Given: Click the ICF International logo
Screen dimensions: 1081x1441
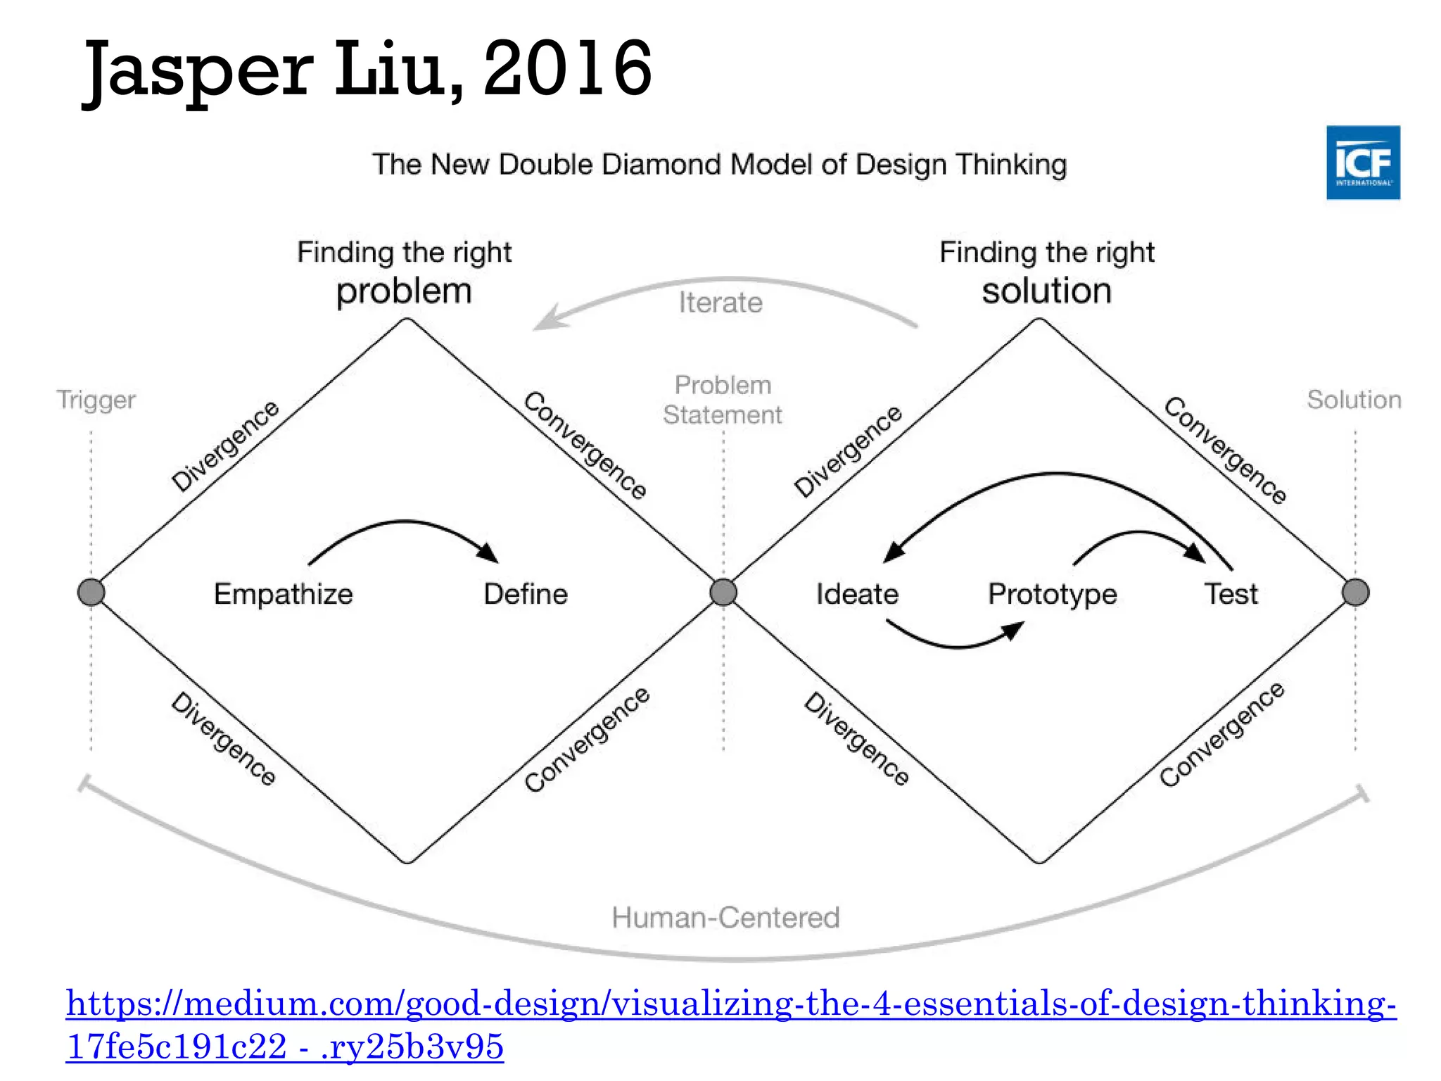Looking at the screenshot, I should [1363, 163].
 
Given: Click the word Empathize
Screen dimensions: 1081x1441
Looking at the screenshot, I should [283, 594].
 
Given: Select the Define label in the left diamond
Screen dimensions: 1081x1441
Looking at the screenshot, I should [526, 594].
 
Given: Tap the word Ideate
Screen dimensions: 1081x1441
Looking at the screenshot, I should [857, 594].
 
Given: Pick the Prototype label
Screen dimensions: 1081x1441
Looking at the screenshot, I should [1053, 595].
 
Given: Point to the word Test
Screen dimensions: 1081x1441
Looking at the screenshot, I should [1231, 594].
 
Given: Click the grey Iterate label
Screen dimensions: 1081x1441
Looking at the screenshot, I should [720, 303].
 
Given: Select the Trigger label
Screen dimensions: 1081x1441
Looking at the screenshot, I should [96, 400].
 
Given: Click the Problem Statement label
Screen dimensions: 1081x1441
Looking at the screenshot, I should [723, 400].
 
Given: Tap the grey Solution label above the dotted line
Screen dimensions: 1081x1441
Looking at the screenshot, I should [1354, 400].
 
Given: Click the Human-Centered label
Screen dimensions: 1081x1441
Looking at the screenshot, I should [725, 918].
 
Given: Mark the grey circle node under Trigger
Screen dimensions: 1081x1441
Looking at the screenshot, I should [91, 593].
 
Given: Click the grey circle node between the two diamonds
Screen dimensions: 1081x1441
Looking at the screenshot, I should [723, 593].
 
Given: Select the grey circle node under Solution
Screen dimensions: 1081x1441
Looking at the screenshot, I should [1356, 593].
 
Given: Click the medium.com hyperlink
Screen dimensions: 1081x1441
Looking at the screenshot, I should [731, 1004].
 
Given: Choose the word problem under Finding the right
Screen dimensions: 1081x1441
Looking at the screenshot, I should [404, 291].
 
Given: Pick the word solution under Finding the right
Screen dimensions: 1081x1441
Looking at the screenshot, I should [1047, 291].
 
